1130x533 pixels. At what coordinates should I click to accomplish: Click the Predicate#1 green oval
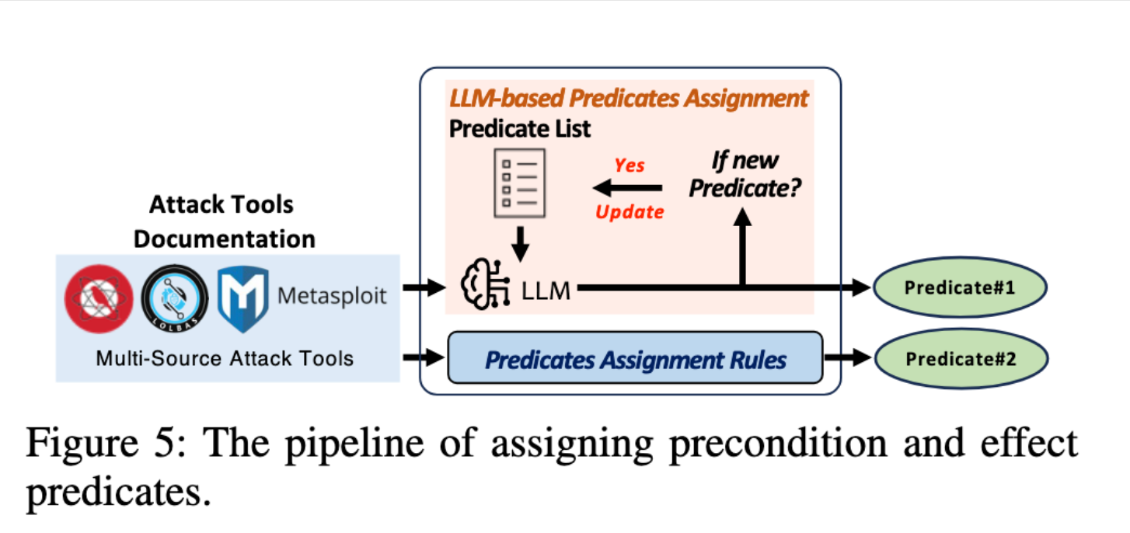(961, 288)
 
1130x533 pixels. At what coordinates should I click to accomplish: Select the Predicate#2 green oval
(961, 359)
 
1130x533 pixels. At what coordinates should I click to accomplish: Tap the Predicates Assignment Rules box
(635, 360)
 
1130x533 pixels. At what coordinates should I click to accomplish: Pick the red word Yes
(630, 165)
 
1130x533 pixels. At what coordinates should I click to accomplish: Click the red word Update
(630, 211)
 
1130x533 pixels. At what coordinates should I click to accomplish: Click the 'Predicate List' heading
(520, 128)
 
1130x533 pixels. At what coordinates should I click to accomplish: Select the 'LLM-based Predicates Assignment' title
(630, 99)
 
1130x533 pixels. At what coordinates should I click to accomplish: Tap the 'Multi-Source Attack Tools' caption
(225, 358)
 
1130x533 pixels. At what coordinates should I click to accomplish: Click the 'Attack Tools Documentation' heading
(225, 221)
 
